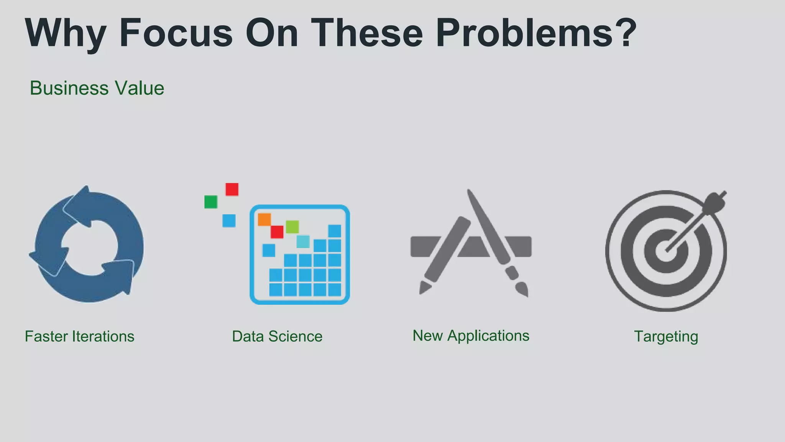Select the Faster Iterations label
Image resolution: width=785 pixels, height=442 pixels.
[80, 336]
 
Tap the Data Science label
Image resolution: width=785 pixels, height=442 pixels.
[277, 336]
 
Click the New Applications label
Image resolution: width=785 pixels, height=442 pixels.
[471, 336]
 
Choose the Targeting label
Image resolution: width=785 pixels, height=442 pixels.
[666, 336]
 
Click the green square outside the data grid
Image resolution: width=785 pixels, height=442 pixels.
[211, 202]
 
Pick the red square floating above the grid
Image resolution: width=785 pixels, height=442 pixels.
[232, 190]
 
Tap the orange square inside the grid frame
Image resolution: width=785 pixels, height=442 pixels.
[264, 219]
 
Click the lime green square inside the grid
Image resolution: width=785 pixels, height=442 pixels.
[292, 227]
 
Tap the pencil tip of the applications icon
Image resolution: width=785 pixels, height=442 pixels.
[424, 288]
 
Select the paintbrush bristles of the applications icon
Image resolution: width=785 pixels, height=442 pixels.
[522, 290]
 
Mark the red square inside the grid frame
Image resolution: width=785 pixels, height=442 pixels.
[277, 232]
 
